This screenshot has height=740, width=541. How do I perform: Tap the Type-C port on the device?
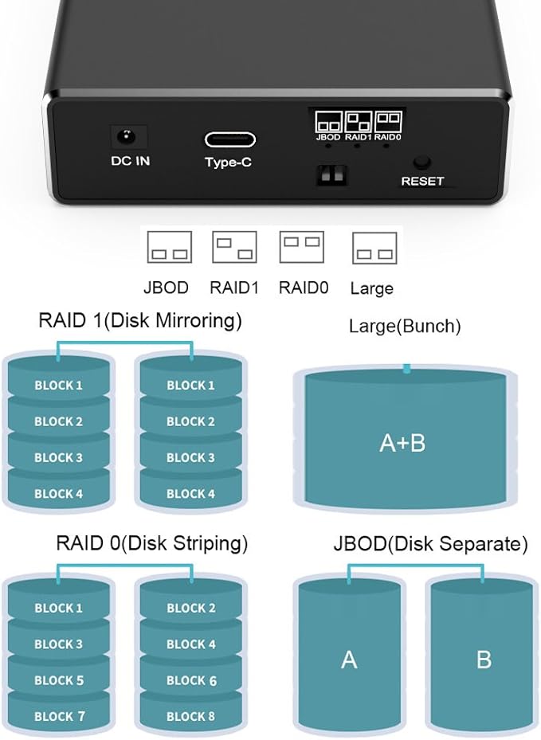229,139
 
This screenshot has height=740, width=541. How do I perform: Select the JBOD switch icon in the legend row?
170,248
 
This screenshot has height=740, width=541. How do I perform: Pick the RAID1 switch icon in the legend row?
234,248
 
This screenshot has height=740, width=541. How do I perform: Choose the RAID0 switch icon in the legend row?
302,247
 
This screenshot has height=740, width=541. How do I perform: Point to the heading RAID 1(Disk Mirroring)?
139,322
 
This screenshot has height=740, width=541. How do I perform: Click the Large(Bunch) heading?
405,326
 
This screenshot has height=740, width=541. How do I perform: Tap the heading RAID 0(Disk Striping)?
151,543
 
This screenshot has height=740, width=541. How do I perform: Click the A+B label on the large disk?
402,443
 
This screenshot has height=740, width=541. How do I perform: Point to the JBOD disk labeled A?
349,660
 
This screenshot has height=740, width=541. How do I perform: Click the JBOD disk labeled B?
483,660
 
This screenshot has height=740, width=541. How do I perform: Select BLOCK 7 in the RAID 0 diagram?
59,716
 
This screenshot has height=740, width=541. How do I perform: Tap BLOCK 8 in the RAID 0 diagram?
191,716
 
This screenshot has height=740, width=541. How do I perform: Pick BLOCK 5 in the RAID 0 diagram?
59,680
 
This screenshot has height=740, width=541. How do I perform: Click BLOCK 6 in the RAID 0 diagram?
191,680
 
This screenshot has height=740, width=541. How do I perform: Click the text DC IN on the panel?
130,161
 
